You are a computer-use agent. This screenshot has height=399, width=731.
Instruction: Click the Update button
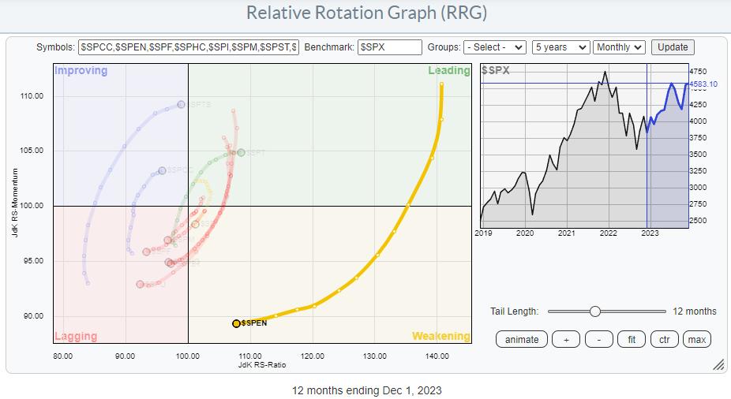673,47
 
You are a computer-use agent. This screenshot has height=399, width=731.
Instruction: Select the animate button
522,339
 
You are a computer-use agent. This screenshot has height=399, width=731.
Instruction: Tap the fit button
631,339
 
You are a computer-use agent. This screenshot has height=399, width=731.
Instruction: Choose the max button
696,339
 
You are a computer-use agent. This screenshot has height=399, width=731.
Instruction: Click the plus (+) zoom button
565,339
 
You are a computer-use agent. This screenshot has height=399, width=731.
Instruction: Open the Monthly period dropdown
619,47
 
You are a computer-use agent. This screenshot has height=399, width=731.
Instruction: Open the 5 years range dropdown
560,47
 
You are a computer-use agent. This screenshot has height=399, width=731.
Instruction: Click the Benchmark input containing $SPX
389,47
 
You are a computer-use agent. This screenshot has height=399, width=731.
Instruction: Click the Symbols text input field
189,47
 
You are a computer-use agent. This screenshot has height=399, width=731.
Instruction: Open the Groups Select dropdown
495,47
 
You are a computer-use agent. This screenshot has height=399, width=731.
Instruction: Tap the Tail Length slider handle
595,311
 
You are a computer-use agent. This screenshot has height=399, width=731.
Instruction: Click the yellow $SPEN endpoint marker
236,323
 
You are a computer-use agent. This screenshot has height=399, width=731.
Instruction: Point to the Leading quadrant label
449,71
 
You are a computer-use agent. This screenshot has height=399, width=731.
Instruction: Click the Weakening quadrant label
441,336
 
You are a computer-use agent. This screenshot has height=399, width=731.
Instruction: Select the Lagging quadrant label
76,336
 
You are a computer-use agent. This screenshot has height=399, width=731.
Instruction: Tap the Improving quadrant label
81,71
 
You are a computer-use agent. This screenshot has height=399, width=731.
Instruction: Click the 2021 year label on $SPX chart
566,233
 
